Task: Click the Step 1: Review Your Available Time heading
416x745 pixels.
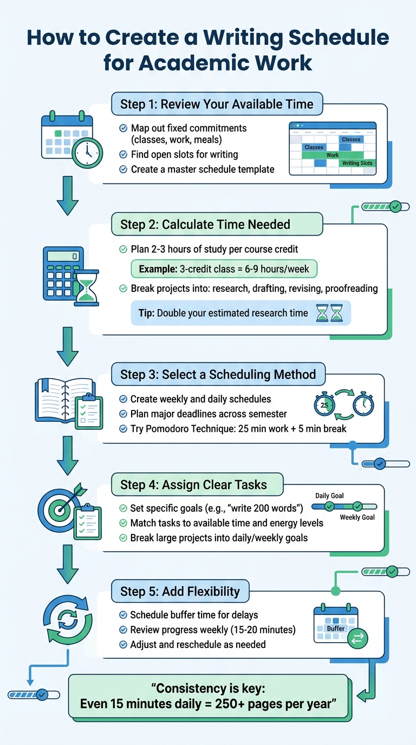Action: (x=217, y=104)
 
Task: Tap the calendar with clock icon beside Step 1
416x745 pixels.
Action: (x=71, y=139)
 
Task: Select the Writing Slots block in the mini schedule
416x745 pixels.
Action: (x=357, y=163)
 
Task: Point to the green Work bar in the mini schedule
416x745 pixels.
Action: (x=332, y=155)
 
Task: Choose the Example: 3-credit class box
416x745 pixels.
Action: (x=224, y=269)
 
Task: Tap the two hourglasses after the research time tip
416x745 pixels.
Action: (x=329, y=313)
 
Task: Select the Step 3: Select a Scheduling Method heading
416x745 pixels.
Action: (x=218, y=374)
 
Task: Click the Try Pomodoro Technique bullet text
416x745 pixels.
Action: (x=238, y=429)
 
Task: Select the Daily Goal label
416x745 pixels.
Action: (x=329, y=495)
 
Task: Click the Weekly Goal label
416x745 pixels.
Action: (x=357, y=517)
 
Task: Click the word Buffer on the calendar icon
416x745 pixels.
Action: (x=335, y=628)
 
